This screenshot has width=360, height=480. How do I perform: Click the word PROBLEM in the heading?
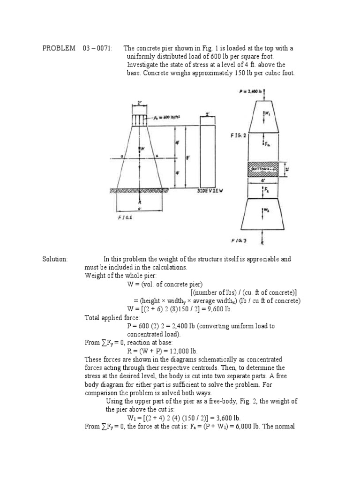59,48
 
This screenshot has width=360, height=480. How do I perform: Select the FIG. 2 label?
238,135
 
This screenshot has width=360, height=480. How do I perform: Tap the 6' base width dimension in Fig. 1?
140,208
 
